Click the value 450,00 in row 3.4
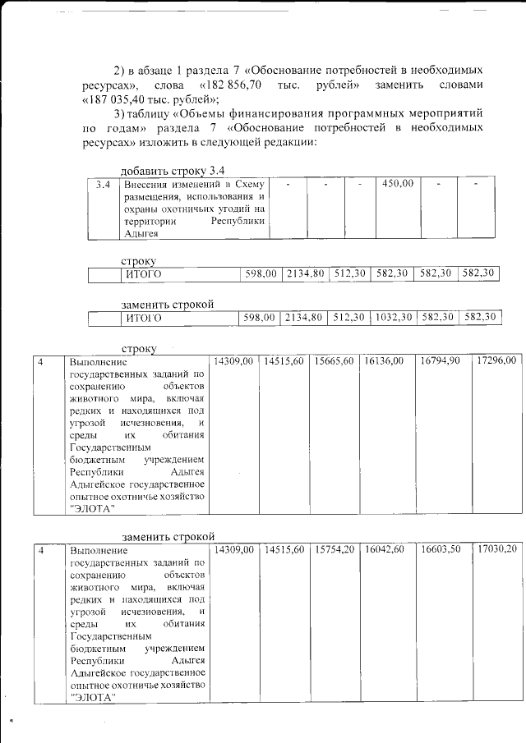coord(398,184)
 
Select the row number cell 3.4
coord(103,185)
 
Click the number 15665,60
coord(334,361)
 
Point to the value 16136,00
coord(384,361)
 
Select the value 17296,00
coord(496,361)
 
